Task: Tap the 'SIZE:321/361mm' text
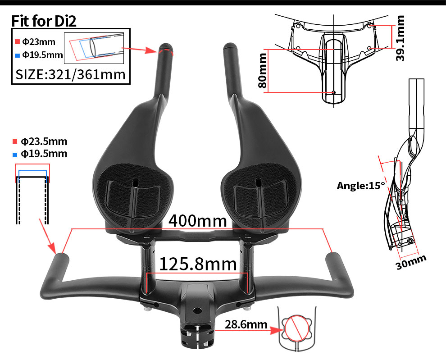point(70,73)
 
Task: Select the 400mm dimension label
point(197,221)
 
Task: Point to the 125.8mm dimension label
point(198,264)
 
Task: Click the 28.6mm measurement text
point(246,324)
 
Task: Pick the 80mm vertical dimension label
point(262,71)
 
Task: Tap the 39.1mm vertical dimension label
point(399,38)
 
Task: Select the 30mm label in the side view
point(410,261)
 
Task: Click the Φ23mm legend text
point(39,42)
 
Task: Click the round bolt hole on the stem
point(196,311)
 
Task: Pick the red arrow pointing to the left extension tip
point(138,49)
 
